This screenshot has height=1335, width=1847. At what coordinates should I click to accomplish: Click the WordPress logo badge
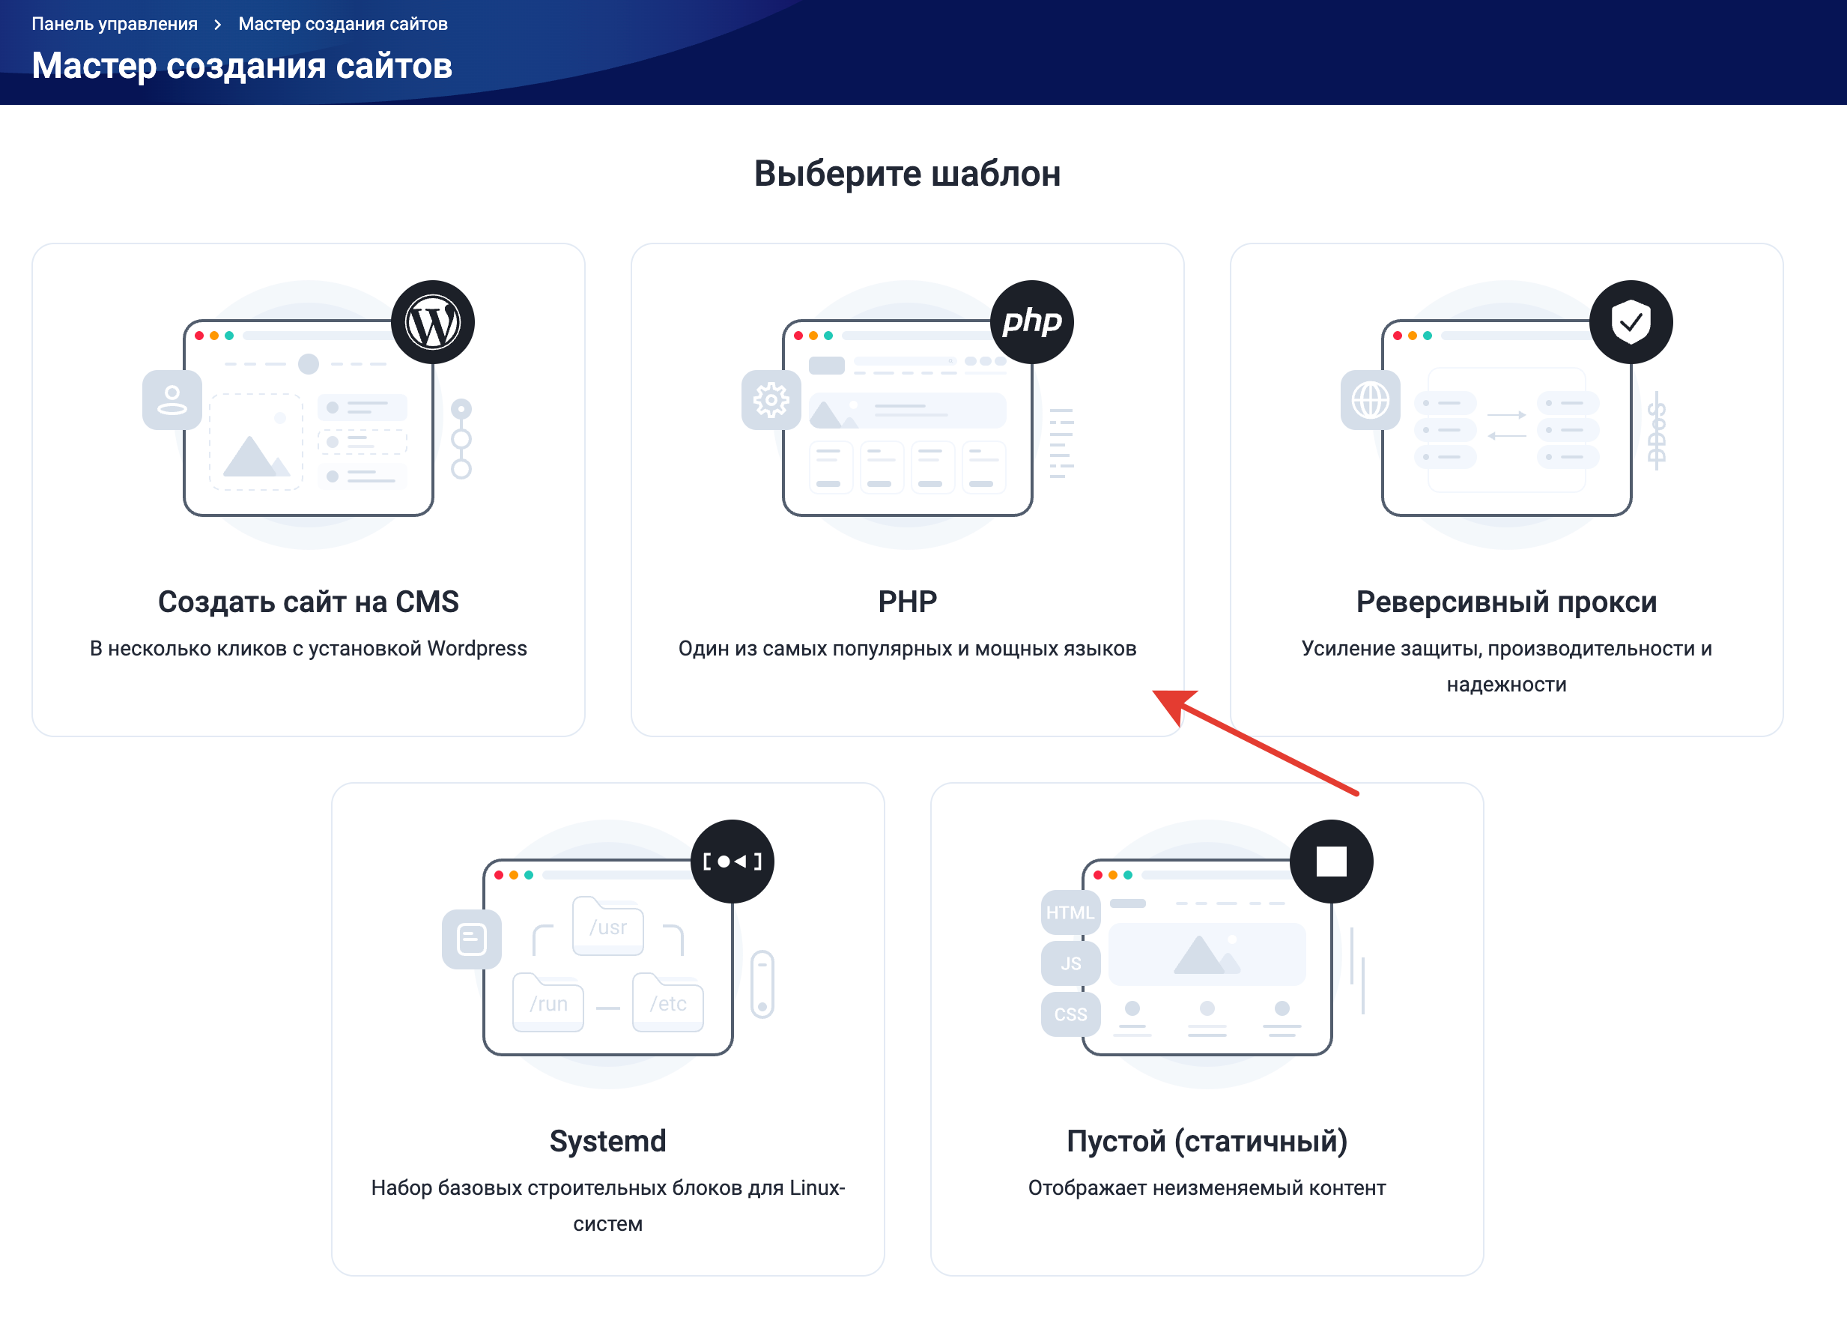coord(432,323)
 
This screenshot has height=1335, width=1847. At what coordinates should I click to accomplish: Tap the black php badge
coord(1032,323)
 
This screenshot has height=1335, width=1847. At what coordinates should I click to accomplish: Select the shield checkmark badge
coord(1631,323)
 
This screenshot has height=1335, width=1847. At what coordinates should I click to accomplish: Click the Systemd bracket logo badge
coord(732,862)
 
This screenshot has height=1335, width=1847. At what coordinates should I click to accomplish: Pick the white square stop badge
coord(1332,862)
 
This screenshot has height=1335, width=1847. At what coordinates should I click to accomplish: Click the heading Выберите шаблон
coord(907,174)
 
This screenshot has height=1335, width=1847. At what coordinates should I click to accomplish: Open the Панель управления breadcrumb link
coord(115,24)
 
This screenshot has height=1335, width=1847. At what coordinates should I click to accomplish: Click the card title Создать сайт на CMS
coord(308,602)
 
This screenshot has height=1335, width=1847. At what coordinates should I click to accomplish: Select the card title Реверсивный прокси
coord(1505,602)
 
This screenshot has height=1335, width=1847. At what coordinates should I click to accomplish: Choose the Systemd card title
coord(607,1141)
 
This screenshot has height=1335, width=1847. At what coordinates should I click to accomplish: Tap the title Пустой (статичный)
coord(1207,1141)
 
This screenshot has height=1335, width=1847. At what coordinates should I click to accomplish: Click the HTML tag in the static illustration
coord(1070,912)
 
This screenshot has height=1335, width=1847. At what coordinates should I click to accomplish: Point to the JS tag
coord(1070,963)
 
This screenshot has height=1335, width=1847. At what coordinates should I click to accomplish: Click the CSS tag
coord(1070,1014)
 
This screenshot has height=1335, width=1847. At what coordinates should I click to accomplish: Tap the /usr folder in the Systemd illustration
coord(608,927)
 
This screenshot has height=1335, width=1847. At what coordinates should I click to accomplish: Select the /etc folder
coord(668,1003)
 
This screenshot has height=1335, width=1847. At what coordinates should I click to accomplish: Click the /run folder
coord(548,1003)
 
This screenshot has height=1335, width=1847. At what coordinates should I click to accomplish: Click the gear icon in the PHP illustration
coord(771,400)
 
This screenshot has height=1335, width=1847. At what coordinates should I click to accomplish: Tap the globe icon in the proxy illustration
coord(1371,400)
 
